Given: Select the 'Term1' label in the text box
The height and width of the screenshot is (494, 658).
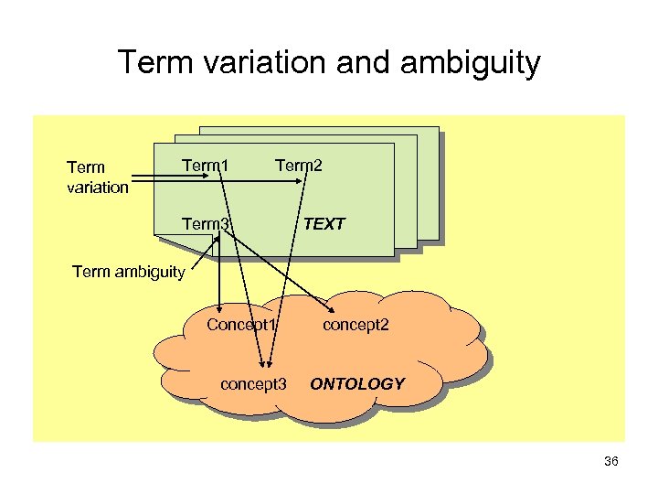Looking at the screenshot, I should (x=205, y=166).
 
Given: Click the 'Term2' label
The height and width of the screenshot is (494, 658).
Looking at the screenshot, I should (x=299, y=166).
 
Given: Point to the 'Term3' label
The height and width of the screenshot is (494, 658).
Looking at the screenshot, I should (x=205, y=222).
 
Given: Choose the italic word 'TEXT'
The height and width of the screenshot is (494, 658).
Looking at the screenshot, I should (x=324, y=223).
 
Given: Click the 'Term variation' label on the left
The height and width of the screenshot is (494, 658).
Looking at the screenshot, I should (x=97, y=177).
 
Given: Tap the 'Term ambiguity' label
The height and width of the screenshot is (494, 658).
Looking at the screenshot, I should (x=128, y=271).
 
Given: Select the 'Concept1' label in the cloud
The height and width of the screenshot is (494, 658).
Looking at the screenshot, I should (x=241, y=325).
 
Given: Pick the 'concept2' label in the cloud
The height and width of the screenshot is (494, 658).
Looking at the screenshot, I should (x=356, y=325).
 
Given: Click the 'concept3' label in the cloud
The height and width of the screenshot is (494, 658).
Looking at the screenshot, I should (x=254, y=383).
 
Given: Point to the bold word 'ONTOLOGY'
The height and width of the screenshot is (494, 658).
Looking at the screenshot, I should (x=357, y=383).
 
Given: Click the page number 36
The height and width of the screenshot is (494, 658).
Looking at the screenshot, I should (x=611, y=461).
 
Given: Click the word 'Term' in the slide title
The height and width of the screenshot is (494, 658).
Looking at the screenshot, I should (x=153, y=63).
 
